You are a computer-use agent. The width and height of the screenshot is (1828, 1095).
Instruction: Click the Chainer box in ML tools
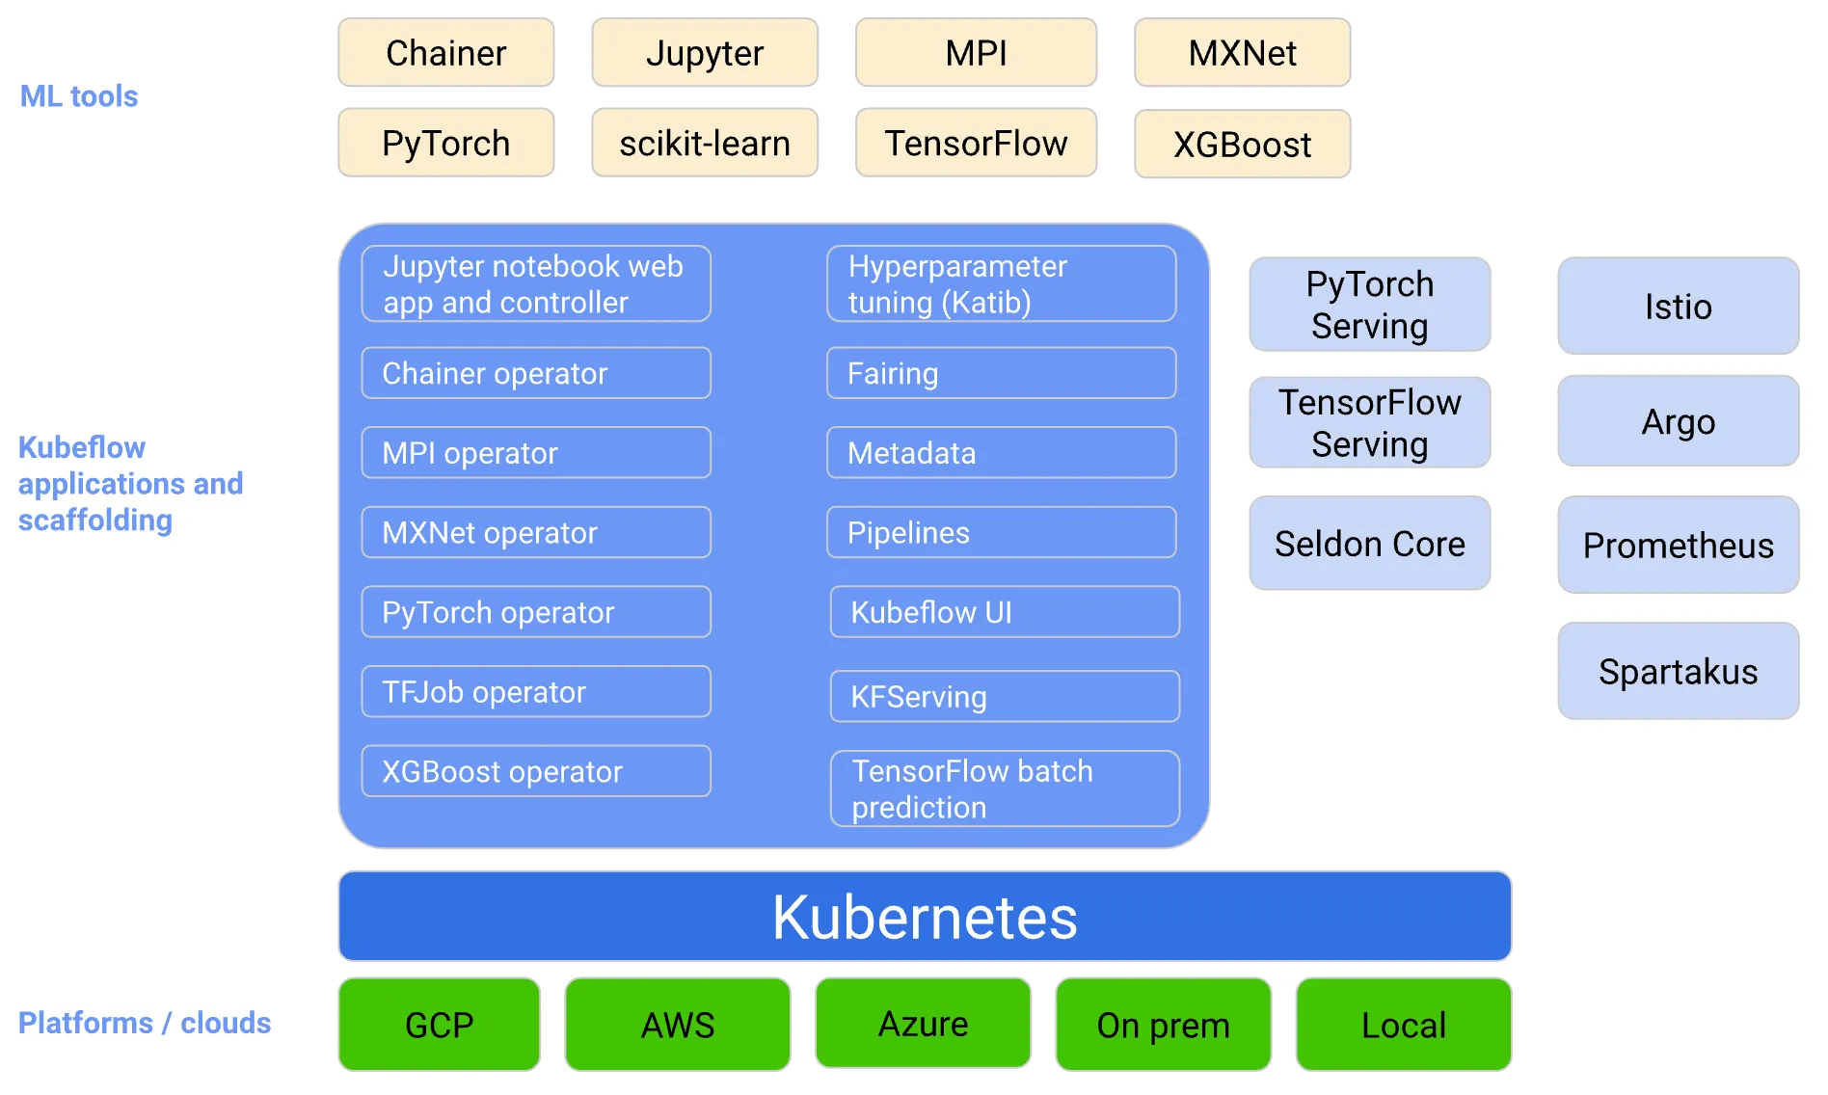click(445, 53)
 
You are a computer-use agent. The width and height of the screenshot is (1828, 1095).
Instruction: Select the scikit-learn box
click(705, 143)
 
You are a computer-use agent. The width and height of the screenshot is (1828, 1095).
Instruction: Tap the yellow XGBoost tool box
click(1242, 145)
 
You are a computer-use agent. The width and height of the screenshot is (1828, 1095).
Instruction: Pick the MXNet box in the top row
click(1242, 53)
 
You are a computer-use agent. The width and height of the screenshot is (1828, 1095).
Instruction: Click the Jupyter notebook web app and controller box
click(536, 283)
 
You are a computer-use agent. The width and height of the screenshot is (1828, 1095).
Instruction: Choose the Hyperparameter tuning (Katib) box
click(1001, 283)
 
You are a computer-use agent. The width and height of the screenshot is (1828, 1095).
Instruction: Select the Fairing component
click(1001, 373)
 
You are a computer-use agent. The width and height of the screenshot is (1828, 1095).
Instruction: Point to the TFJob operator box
click(536, 691)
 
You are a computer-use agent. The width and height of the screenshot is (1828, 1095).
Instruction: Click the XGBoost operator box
click(536, 771)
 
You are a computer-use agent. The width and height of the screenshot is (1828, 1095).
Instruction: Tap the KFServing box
click(1005, 696)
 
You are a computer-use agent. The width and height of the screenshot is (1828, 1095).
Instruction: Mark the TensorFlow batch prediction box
click(1005, 788)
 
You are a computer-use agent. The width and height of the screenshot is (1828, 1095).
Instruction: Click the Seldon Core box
click(1369, 544)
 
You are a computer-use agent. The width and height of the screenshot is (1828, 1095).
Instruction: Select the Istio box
click(1678, 307)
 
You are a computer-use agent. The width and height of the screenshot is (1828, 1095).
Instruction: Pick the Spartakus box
click(1678, 671)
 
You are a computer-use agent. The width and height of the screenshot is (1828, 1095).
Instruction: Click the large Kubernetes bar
click(925, 917)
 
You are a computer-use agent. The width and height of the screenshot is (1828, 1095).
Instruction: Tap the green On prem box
click(1163, 1025)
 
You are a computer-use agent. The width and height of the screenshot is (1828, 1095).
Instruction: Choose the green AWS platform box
click(678, 1025)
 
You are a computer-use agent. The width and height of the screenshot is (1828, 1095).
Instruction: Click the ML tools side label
click(79, 96)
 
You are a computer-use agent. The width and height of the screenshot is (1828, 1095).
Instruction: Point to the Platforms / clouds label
click(145, 1023)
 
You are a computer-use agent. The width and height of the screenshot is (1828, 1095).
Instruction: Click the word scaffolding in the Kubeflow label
click(95, 521)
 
